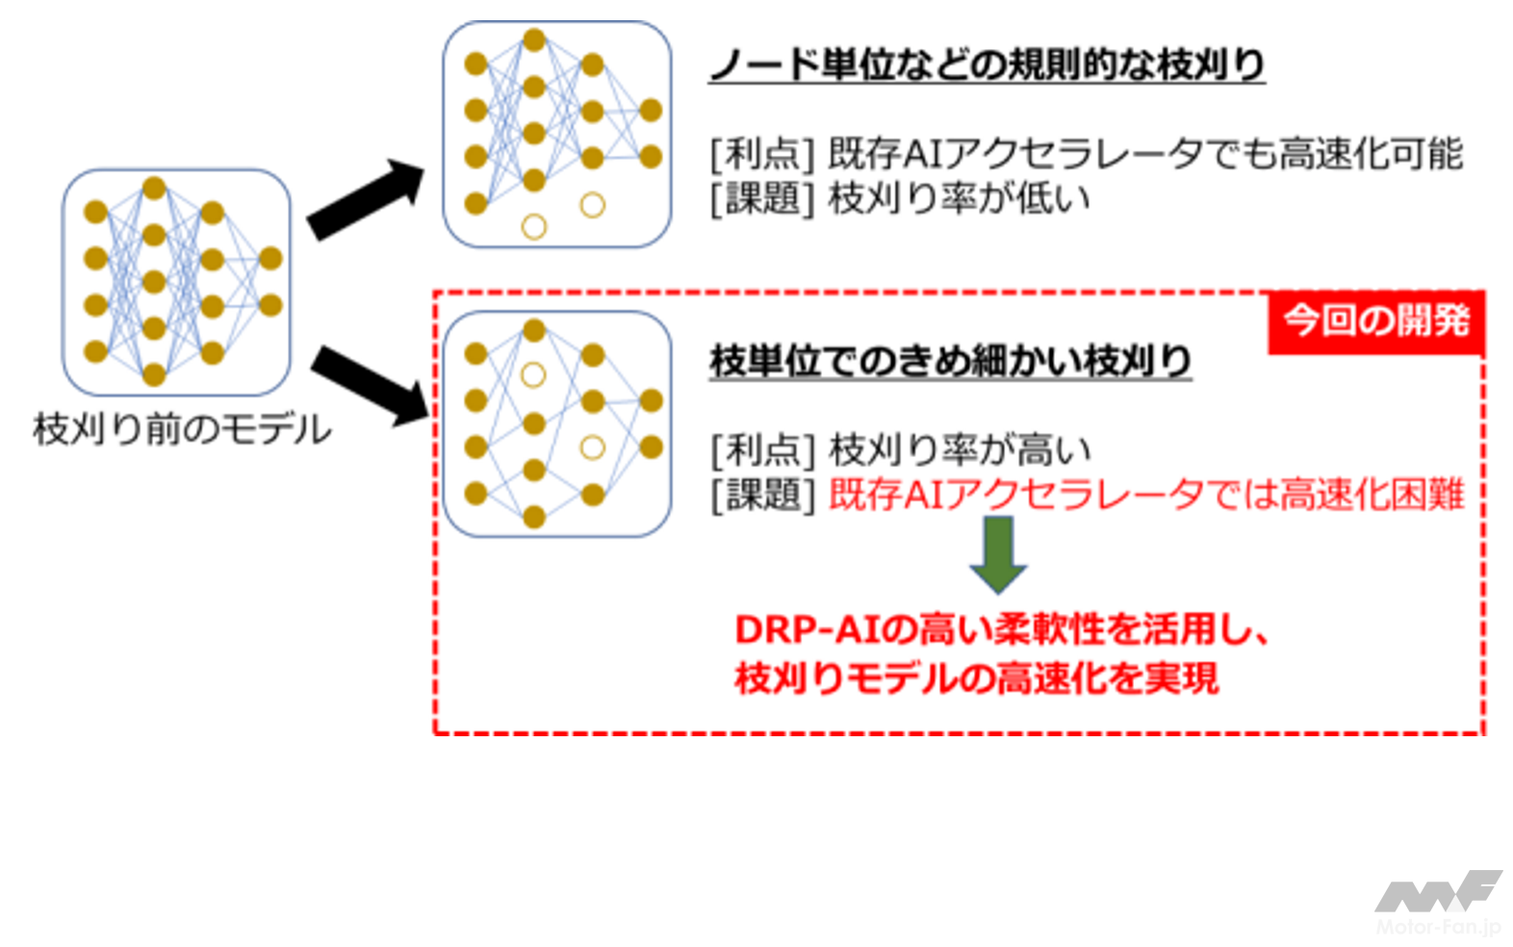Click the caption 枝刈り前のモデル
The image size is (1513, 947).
(182, 429)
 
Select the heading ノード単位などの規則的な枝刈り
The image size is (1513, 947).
(987, 64)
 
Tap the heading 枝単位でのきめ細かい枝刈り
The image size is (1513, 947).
(950, 361)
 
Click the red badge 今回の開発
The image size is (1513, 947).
(1376, 320)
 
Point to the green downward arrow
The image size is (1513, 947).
(998, 553)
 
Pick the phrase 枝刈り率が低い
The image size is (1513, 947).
(959, 199)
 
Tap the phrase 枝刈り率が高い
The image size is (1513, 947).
(959, 449)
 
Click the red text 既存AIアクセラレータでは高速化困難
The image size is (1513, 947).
(1145, 495)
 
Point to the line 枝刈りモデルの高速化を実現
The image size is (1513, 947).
(976, 678)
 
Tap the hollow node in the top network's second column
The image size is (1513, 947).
(534, 227)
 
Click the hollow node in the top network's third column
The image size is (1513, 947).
(593, 205)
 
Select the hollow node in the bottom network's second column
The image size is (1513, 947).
(533, 375)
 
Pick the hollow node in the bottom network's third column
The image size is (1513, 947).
(593, 448)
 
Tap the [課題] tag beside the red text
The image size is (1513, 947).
(762, 495)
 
